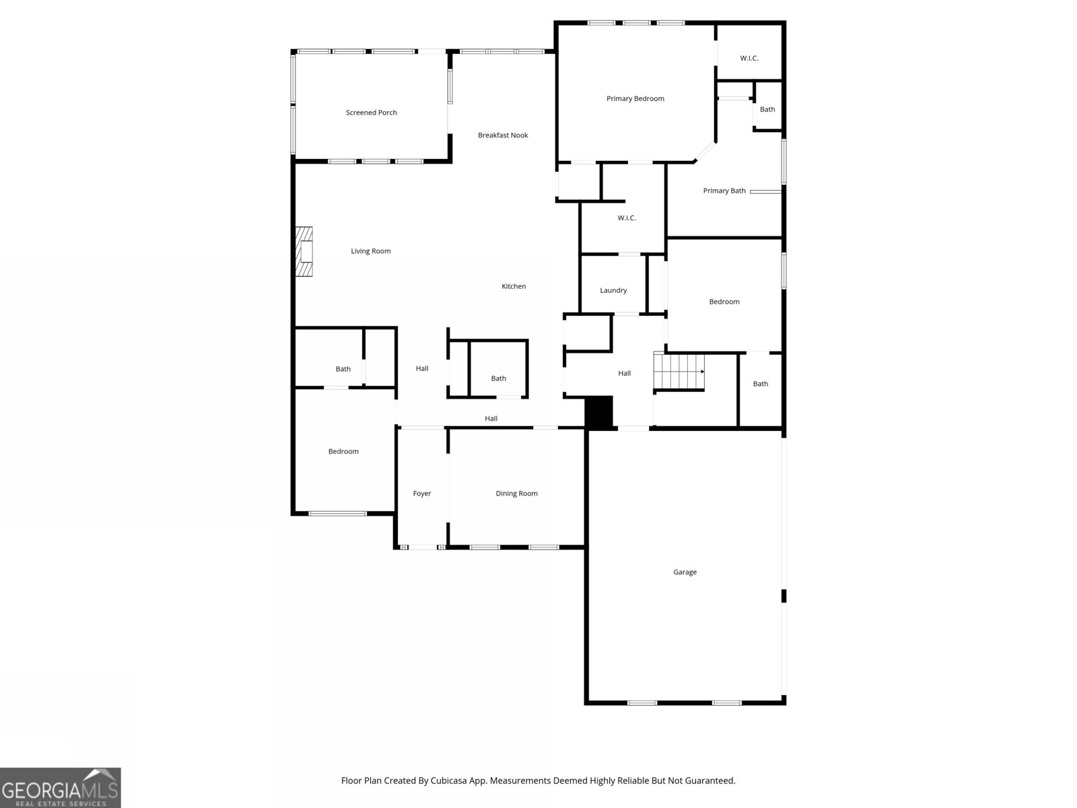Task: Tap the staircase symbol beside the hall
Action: tap(679, 371)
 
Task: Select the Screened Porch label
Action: tap(371, 112)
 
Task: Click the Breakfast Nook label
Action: tap(503, 135)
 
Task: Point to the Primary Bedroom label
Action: tap(635, 98)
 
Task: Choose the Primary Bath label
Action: tap(724, 191)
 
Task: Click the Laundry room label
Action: tap(613, 290)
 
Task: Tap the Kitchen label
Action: tap(514, 286)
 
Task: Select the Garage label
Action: tap(685, 572)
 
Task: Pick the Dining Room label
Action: tap(516, 494)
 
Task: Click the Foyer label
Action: tap(422, 494)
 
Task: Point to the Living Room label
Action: tap(370, 251)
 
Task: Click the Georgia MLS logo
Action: tap(61, 788)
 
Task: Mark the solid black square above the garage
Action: tap(598, 411)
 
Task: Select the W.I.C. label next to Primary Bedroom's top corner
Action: tap(749, 58)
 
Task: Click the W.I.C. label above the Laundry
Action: tap(627, 218)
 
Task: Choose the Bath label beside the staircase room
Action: tap(760, 384)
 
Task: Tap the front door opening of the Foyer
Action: tap(423, 547)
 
